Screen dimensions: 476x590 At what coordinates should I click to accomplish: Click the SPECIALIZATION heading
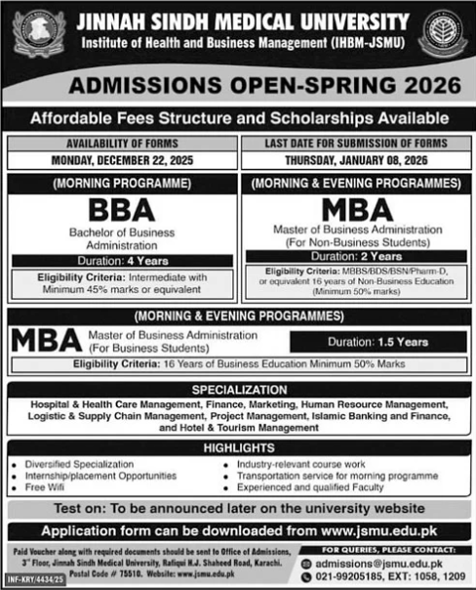click(x=238, y=388)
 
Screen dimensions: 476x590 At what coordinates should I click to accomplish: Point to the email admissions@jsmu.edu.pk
click(x=389, y=564)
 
